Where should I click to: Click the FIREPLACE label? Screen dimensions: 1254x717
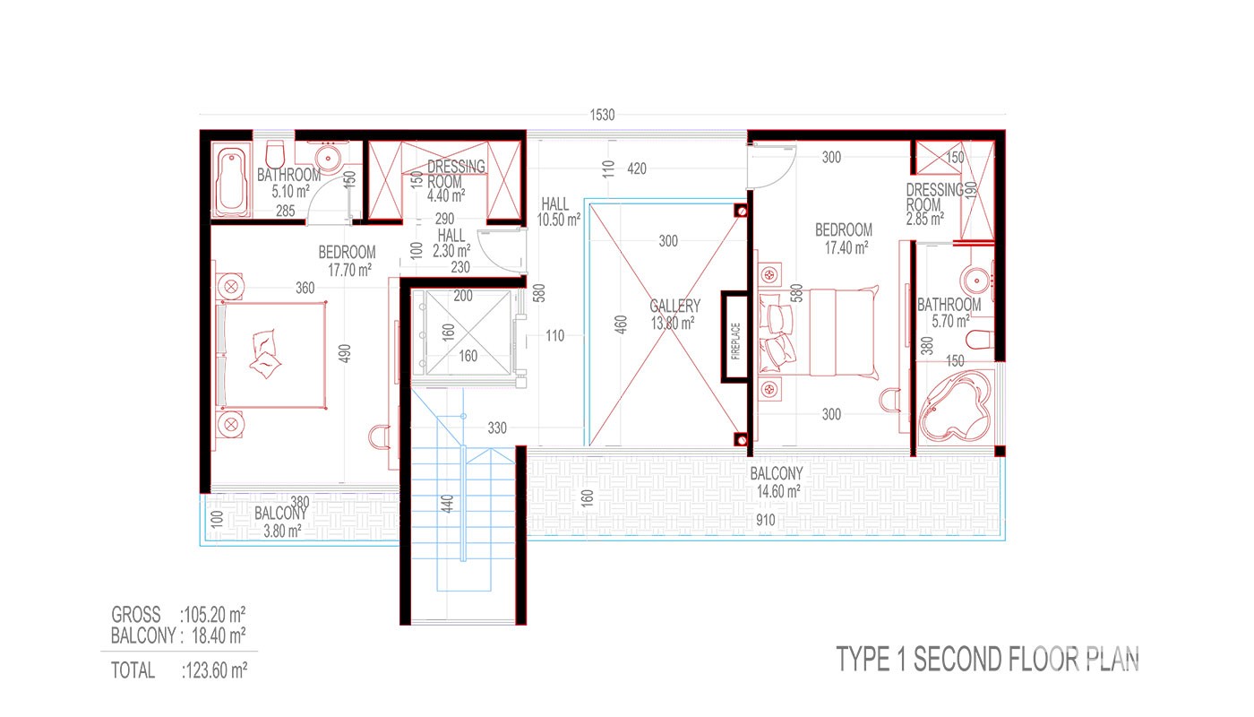(x=735, y=341)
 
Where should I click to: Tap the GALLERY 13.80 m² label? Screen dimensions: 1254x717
(x=674, y=315)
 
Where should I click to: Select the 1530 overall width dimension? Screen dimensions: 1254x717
(x=602, y=115)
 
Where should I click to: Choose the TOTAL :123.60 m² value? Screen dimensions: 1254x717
(x=179, y=670)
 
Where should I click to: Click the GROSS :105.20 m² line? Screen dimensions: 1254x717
(x=178, y=615)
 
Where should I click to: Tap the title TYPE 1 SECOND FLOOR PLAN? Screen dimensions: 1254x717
(x=987, y=659)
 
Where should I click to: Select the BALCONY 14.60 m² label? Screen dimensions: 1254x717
(x=777, y=482)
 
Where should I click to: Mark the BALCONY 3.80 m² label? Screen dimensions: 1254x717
(x=281, y=522)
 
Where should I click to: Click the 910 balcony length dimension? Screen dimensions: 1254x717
(x=765, y=520)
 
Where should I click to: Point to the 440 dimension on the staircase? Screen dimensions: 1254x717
(x=447, y=503)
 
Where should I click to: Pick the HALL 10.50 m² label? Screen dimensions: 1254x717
(x=558, y=212)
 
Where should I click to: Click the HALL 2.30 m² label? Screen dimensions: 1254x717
(x=451, y=243)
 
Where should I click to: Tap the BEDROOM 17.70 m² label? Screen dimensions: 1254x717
(x=348, y=261)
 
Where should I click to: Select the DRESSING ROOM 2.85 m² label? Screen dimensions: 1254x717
(x=933, y=204)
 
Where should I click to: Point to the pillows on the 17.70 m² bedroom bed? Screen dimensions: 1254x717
(x=264, y=355)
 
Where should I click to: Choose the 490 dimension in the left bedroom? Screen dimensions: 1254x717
(x=345, y=353)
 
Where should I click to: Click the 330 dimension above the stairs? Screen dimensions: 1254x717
(x=496, y=428)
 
